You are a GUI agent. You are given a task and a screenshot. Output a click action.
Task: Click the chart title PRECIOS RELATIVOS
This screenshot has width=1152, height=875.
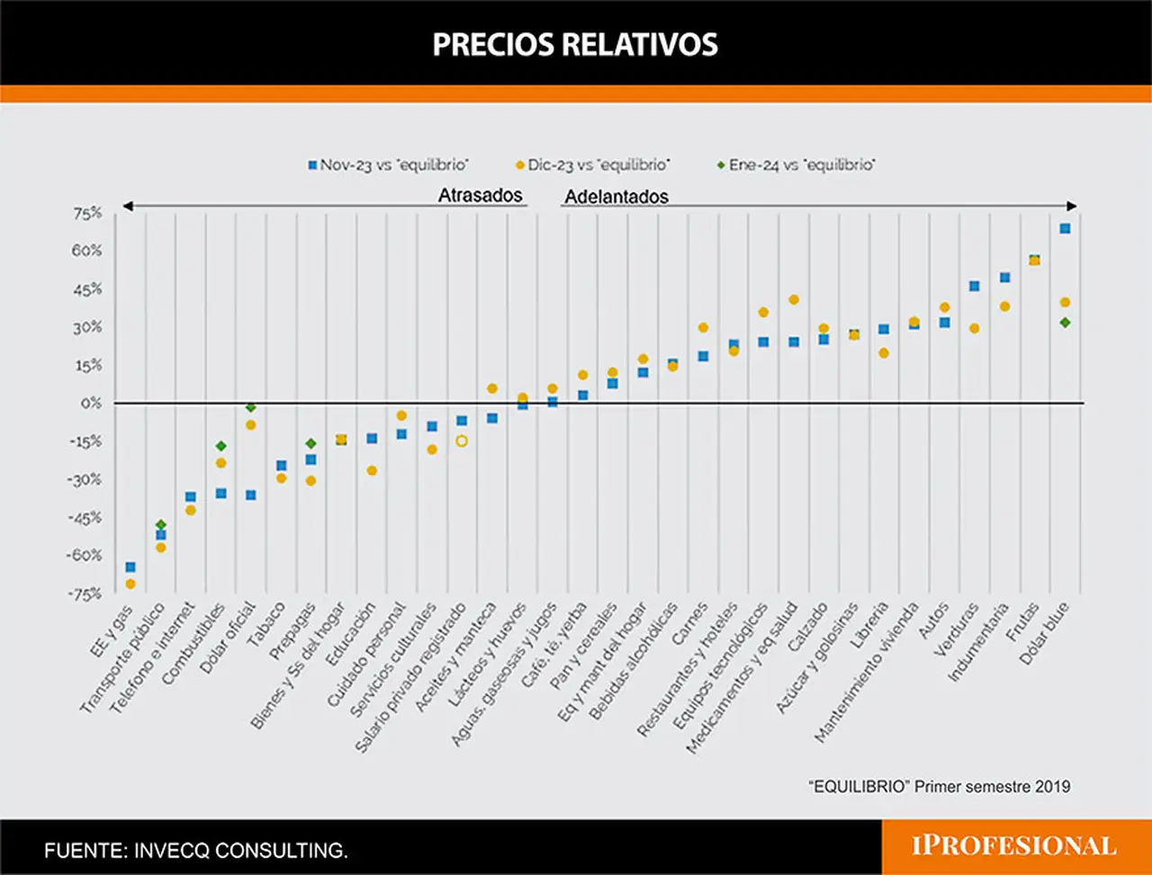tap(575, 44)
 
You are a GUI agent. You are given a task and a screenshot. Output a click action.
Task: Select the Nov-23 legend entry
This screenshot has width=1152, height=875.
tap(389, 165)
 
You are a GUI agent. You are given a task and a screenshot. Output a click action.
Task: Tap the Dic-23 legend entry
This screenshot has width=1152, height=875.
tap(593, 165)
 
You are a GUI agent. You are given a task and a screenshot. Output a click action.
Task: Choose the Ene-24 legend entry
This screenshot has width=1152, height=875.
tap(796, 165)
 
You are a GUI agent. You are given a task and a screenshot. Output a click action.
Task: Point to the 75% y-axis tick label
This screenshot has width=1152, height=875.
tap(87, 213)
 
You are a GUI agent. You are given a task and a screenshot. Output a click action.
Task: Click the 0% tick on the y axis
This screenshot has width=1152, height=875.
tap(91, 403)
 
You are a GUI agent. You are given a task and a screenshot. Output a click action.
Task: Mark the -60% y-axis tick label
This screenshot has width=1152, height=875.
tap(84, 555)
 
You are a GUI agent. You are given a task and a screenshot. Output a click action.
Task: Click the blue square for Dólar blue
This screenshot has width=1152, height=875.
tap(1065, 228)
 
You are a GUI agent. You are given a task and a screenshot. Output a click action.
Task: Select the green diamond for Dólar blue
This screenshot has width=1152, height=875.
tap(1065, 323)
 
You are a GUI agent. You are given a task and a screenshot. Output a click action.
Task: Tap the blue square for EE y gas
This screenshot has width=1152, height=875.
tap(130, 567)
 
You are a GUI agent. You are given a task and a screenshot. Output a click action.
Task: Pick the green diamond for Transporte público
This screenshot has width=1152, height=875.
tap(161, 525)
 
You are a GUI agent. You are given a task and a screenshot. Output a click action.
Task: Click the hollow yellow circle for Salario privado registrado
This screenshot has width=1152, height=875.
tap(462, 441)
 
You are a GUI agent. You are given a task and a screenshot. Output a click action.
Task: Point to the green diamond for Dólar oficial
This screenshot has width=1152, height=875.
tap(251, 406)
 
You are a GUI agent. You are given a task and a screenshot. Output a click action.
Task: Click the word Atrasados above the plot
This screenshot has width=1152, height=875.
tap(481, 195)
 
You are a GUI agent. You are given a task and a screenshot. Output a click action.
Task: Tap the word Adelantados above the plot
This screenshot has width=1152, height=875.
tap(616, 197)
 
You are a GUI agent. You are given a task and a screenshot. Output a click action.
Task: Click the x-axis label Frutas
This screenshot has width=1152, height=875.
tap(1022, 621)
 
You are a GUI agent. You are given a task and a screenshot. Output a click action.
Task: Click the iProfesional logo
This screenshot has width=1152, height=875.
tap(1014, 845)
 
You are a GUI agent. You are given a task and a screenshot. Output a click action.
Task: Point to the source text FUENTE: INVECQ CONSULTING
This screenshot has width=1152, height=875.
tap(196, 851)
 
